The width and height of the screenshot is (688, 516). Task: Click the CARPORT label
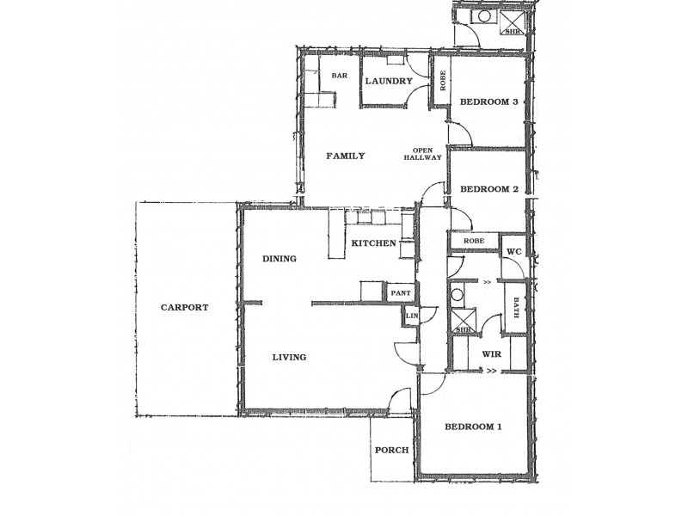tap(185, 307)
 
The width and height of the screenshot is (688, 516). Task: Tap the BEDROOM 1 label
tap(474, 427)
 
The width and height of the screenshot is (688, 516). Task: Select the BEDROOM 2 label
tap(488, 189)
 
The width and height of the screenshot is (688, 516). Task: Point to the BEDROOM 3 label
tap(488, 102)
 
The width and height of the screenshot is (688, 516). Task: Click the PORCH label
tap(391, 451)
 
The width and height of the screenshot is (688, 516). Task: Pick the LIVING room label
tap(290, 357)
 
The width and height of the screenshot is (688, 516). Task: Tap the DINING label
tap(279, 258)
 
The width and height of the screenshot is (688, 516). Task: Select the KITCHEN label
tap(373, 243)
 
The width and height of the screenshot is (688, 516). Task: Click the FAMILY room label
tap(345, 157)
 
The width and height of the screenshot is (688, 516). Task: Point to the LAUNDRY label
tap(389, 82)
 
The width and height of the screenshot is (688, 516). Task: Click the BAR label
tap(339, 77)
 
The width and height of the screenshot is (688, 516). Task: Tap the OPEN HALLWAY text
tap(427, 153)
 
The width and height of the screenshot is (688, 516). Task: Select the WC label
tap(514, 251)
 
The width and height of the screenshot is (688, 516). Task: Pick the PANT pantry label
tap(400, 293)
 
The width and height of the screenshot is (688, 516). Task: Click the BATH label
tap(516, 307)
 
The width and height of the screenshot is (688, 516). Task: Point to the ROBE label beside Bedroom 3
tap(442, 81)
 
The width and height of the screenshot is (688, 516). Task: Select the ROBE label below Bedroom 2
tap(474, 242)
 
